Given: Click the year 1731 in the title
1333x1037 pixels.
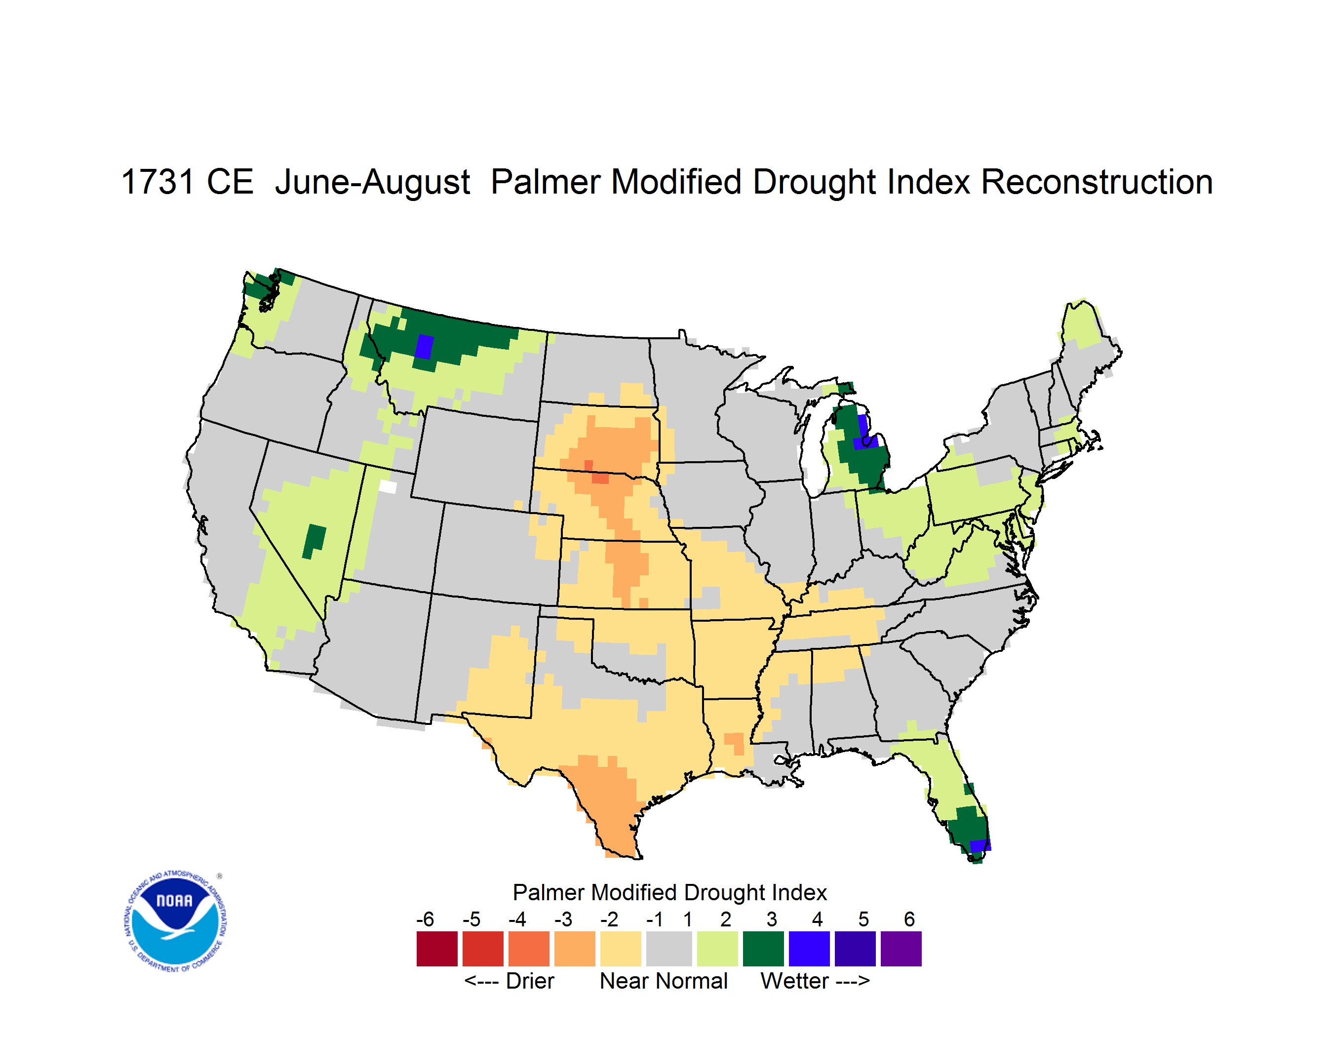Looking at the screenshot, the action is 157,182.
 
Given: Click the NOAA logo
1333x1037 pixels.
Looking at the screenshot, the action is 175,921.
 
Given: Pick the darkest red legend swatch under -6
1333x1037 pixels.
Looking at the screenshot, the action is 437,949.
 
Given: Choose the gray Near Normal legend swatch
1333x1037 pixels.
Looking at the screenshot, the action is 669,949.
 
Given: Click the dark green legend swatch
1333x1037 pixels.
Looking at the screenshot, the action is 763,949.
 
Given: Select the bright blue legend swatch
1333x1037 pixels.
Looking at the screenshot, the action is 809,949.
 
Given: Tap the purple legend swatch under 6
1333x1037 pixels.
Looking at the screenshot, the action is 901,949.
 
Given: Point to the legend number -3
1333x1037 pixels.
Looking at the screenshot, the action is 563,919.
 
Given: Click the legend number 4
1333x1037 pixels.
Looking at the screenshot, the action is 817,919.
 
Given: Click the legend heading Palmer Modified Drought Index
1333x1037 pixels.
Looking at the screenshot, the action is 669,892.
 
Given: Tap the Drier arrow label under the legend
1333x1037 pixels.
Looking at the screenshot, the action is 509,981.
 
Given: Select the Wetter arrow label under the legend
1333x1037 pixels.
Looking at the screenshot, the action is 815,981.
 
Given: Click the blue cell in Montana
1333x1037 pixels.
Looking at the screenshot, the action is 424,347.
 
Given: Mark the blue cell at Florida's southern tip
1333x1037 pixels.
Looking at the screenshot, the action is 980,845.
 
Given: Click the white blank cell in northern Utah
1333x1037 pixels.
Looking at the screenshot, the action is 388,486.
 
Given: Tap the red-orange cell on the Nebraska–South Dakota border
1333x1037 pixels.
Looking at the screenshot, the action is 600,478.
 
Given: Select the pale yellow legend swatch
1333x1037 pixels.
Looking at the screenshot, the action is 620,949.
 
